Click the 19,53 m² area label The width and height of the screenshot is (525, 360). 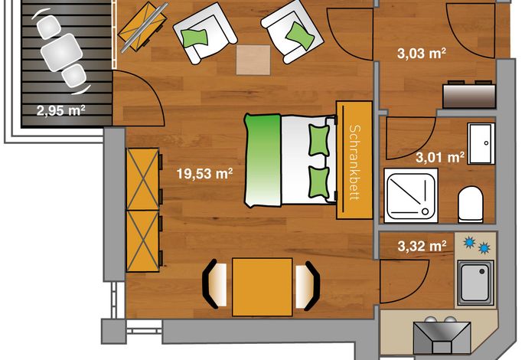tap(204, 174)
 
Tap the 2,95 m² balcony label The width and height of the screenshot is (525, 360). tap(60, 110)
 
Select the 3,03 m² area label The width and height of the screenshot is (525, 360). tap(422, 54)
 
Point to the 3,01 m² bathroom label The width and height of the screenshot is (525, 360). tap(440, 157)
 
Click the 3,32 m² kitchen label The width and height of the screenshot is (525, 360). tap(422, 246)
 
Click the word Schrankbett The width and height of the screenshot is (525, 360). tap(354, 162)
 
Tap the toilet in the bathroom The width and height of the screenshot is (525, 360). tap(471, 205)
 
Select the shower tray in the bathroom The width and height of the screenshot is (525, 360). tap(411, 195)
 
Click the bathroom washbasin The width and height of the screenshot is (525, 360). tap(481, 143)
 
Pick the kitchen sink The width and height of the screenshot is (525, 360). tap(475, 282)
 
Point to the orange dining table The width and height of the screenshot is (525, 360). tap(262, 287)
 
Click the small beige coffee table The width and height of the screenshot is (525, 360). tap(253, 60)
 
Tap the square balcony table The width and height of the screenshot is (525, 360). tap(62, 52)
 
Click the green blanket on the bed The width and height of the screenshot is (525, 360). tap(263, 160)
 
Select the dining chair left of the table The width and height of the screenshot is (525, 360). tap(214, 284)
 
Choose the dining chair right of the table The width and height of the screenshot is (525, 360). tap(308, 285)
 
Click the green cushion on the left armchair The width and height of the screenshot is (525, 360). tap(194, 38)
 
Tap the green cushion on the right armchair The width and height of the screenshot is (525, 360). tap(300, 35)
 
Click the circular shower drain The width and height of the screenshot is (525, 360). tap(425, 211)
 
